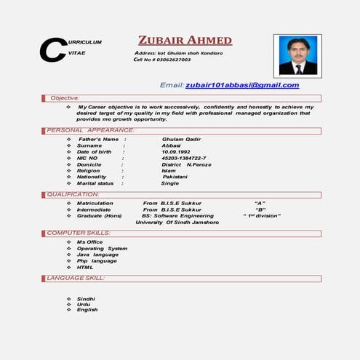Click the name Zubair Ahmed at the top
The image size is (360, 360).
tap(185, 40)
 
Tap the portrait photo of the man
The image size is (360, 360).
tap(297, 55)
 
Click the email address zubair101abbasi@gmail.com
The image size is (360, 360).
tap(242, 85)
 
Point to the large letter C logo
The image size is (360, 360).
tap(52, 49)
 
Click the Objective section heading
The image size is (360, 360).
tap(64, 97)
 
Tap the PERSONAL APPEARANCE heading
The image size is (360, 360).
tap(90, 130)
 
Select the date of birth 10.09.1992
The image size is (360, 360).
tap(178, 151)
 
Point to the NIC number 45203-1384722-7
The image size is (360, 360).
tap(183, 158)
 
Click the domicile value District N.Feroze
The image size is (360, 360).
tap(187, 164)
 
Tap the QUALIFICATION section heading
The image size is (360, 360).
tap(73, 194)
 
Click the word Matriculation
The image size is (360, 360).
tap(95, 203)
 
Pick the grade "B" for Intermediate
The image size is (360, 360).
tap(260, 209)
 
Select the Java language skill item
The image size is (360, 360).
tap(97, 255)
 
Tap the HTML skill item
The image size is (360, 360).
tap(85, 267)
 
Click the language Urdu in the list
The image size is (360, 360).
tap(84, 304)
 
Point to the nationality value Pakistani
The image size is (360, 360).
tap(175, 177)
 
